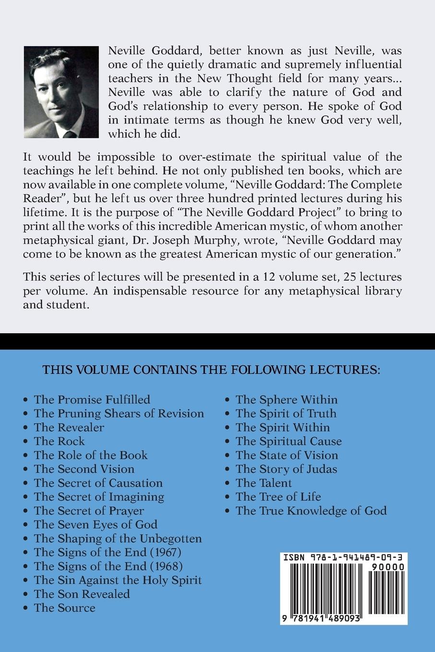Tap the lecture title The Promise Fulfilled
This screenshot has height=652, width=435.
[x=92, y=399]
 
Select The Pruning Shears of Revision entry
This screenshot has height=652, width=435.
[x=118, y=413]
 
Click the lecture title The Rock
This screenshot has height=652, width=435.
[x=59, y=441]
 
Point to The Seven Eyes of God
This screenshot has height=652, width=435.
[x=95, y=524]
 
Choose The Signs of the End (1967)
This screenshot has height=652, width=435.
[x=107, y=552]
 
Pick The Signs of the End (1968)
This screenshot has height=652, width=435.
[x=108, y=566]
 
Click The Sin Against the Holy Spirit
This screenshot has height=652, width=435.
[x=118, y=580]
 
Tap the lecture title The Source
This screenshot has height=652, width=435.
[x=64, y=608]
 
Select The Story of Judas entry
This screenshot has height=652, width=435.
[x=286, y=469]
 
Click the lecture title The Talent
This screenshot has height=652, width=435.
[x=263, y=483]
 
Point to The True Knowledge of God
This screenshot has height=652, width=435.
[x=311, y=511]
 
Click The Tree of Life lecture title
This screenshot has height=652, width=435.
[x=278, y=497]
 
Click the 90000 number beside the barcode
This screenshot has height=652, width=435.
[x=391, y=567]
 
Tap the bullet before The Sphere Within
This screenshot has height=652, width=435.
[x=228, y=400]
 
